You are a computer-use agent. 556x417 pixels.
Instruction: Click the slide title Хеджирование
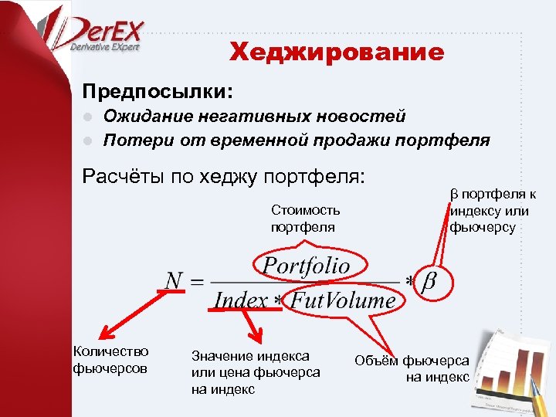[x=337, y=53]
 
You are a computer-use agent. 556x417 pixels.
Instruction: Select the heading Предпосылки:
[x=158, y=91]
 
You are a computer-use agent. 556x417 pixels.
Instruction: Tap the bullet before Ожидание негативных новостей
[x=89, y=117]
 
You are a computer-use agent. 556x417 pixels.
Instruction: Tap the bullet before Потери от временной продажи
[x=89, y=141]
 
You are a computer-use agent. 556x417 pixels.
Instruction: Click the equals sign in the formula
[x=197, y=281]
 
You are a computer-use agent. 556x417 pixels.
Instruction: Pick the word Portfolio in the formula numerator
[x=307, y=266]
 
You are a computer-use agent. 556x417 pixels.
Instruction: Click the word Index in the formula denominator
[x=240, y=300]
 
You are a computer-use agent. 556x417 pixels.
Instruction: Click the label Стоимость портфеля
[x=305, y=219]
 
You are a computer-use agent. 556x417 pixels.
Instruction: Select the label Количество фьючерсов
[x=110, y=360]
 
